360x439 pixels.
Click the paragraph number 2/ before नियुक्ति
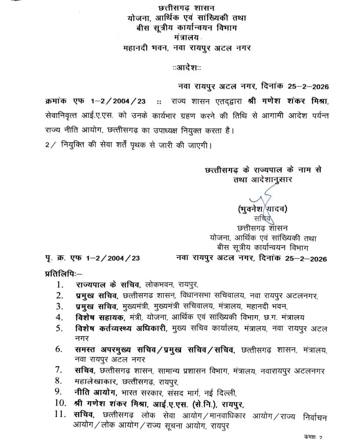point(50,144)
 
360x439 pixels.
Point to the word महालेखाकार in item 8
point(95,382)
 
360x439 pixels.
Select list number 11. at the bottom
point(61,415)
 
